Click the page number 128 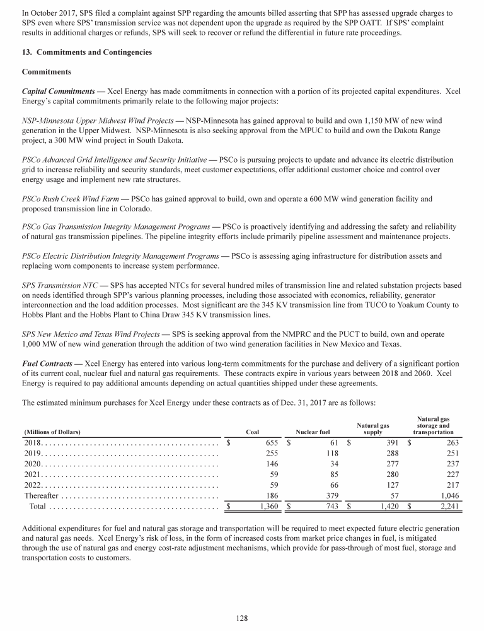(x=241, y=619)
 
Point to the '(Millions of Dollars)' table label (x=52, y=432)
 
